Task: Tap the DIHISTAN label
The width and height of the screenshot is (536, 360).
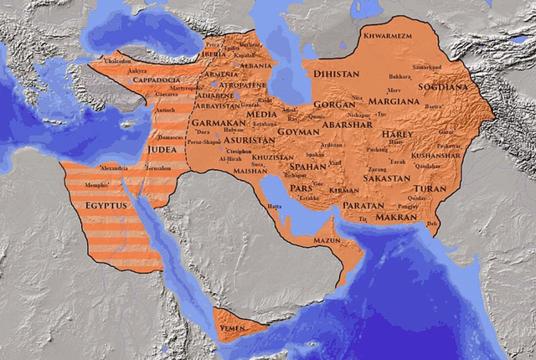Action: point(335,74)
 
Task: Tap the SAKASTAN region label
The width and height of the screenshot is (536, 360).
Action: point(387,178)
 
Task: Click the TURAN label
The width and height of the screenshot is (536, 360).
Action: point(430,188)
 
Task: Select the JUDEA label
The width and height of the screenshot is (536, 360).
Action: point(162,151)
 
